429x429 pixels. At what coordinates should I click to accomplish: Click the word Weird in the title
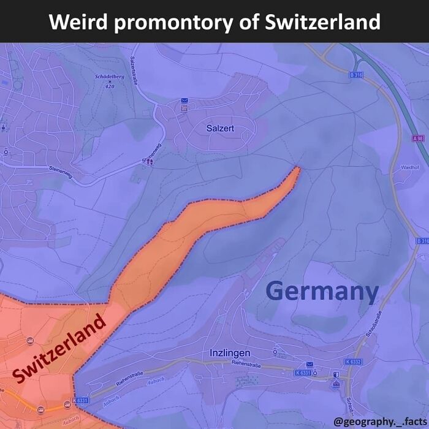point(78,22)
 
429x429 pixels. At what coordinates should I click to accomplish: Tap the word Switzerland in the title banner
point(323,22)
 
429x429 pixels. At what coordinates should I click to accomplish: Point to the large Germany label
point(322,291)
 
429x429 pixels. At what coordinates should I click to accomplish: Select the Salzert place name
point(220,128)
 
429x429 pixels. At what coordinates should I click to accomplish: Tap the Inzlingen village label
point(230,353)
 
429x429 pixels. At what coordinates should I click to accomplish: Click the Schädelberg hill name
point(110,77)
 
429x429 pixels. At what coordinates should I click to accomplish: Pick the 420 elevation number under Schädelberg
point(110,86)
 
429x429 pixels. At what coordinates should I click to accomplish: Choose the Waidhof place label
point(409,167)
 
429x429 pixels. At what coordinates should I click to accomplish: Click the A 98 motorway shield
point(419,139)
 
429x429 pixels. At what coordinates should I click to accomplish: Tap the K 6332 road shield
point(353,362)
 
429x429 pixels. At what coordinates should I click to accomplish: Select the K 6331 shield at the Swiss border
point(80,401)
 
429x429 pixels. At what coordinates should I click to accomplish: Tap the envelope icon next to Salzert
point(184,100)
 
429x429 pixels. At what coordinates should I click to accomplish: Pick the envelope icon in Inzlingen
point(309,364)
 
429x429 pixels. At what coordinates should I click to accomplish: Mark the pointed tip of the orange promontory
point(298,167)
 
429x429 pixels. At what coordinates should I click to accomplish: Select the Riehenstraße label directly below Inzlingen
point(246,365)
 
